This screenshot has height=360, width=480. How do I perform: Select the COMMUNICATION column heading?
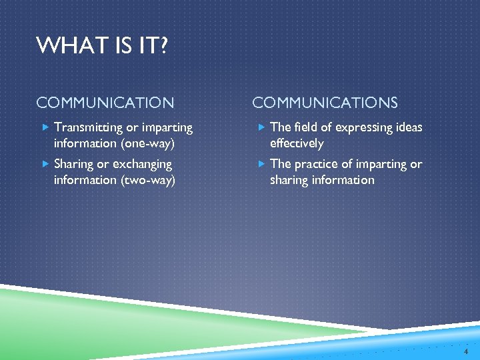105,103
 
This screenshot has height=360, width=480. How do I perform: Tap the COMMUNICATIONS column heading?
325,103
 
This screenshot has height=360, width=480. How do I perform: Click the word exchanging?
142,164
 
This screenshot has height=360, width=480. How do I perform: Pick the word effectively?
297,143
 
